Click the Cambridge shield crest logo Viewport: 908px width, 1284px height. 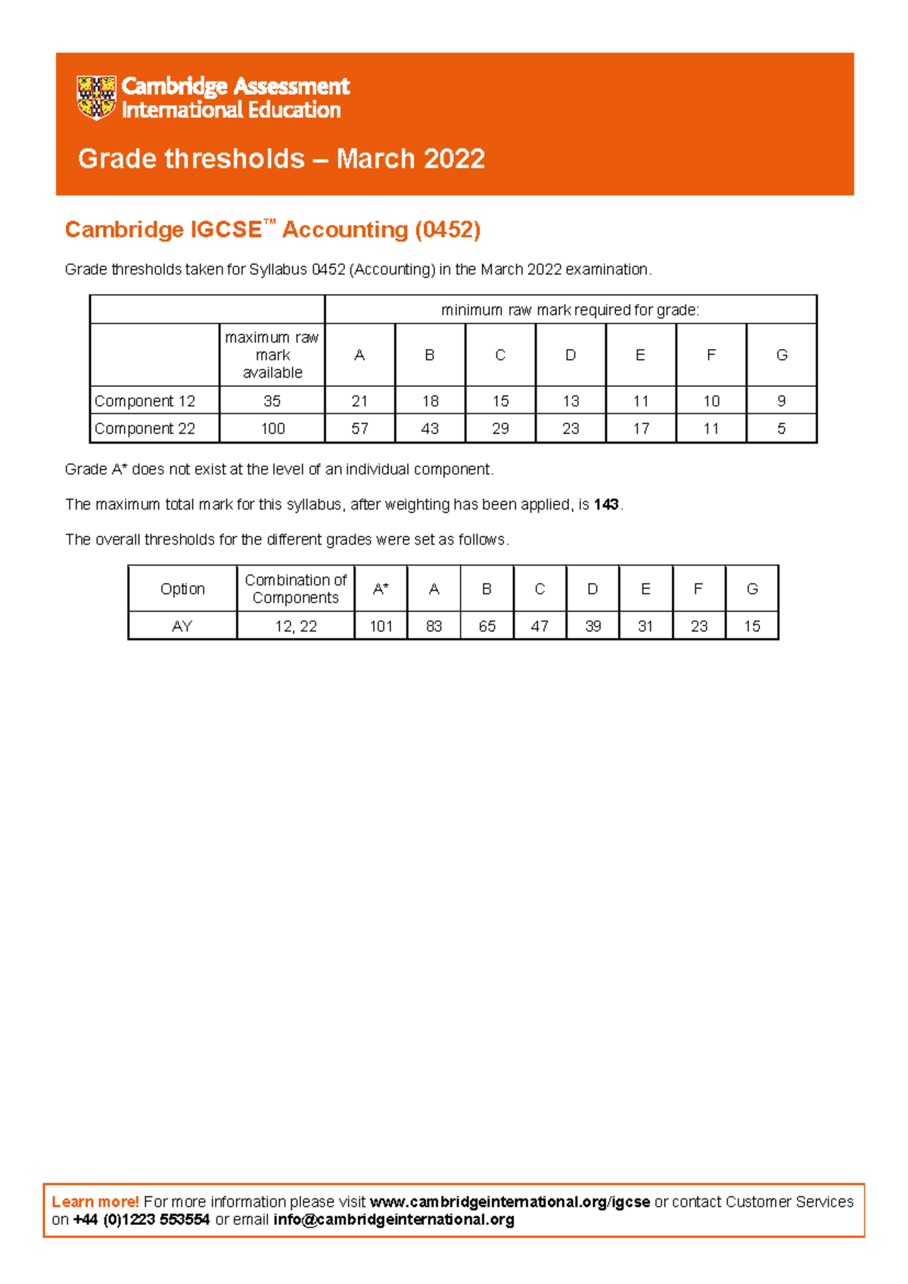click(x=96, y=98)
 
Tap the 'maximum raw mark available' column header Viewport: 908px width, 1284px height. click(x=272, y=355)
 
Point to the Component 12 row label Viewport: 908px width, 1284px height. click(x=145, y=401)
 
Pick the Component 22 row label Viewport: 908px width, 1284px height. click(x=145, y=429)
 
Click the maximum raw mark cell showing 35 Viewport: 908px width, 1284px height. click(x=272, y=401)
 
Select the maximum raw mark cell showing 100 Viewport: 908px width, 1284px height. click(x=272, y=429)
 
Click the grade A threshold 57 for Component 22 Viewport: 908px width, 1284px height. click(x=359, y=429)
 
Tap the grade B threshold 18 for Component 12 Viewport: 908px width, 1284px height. click(x=430, y=401)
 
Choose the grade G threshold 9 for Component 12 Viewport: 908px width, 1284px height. click(x=781, y=401)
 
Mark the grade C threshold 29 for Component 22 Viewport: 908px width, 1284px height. click(x=500, y=429)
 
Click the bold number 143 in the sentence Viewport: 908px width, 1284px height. click(x=606, y=504)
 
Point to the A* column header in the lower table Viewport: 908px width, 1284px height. click(x=381, y=589)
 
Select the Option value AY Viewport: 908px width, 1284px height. click(x=182, y=626)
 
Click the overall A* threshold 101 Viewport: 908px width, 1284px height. click(x=381, y=626)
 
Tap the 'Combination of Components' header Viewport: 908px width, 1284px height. click(x=295, y=589)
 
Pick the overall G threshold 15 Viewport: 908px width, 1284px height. click(x=751, y=626)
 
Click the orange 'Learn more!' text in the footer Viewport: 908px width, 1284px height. click(x=95, y=1201)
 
